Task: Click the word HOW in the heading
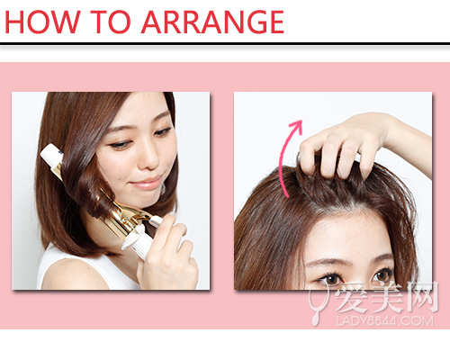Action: [x=43, y=22]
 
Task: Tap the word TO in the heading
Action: [x=111, y=22]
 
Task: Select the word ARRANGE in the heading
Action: [x=212, y=22]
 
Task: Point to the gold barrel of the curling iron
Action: [x=126, y=218]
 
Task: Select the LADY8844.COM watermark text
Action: [x=384, y=321]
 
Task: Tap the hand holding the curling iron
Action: [x=168, y=252]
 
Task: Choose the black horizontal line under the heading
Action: [x=225, y=44]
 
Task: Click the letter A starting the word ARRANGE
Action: [x=151, y=22]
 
